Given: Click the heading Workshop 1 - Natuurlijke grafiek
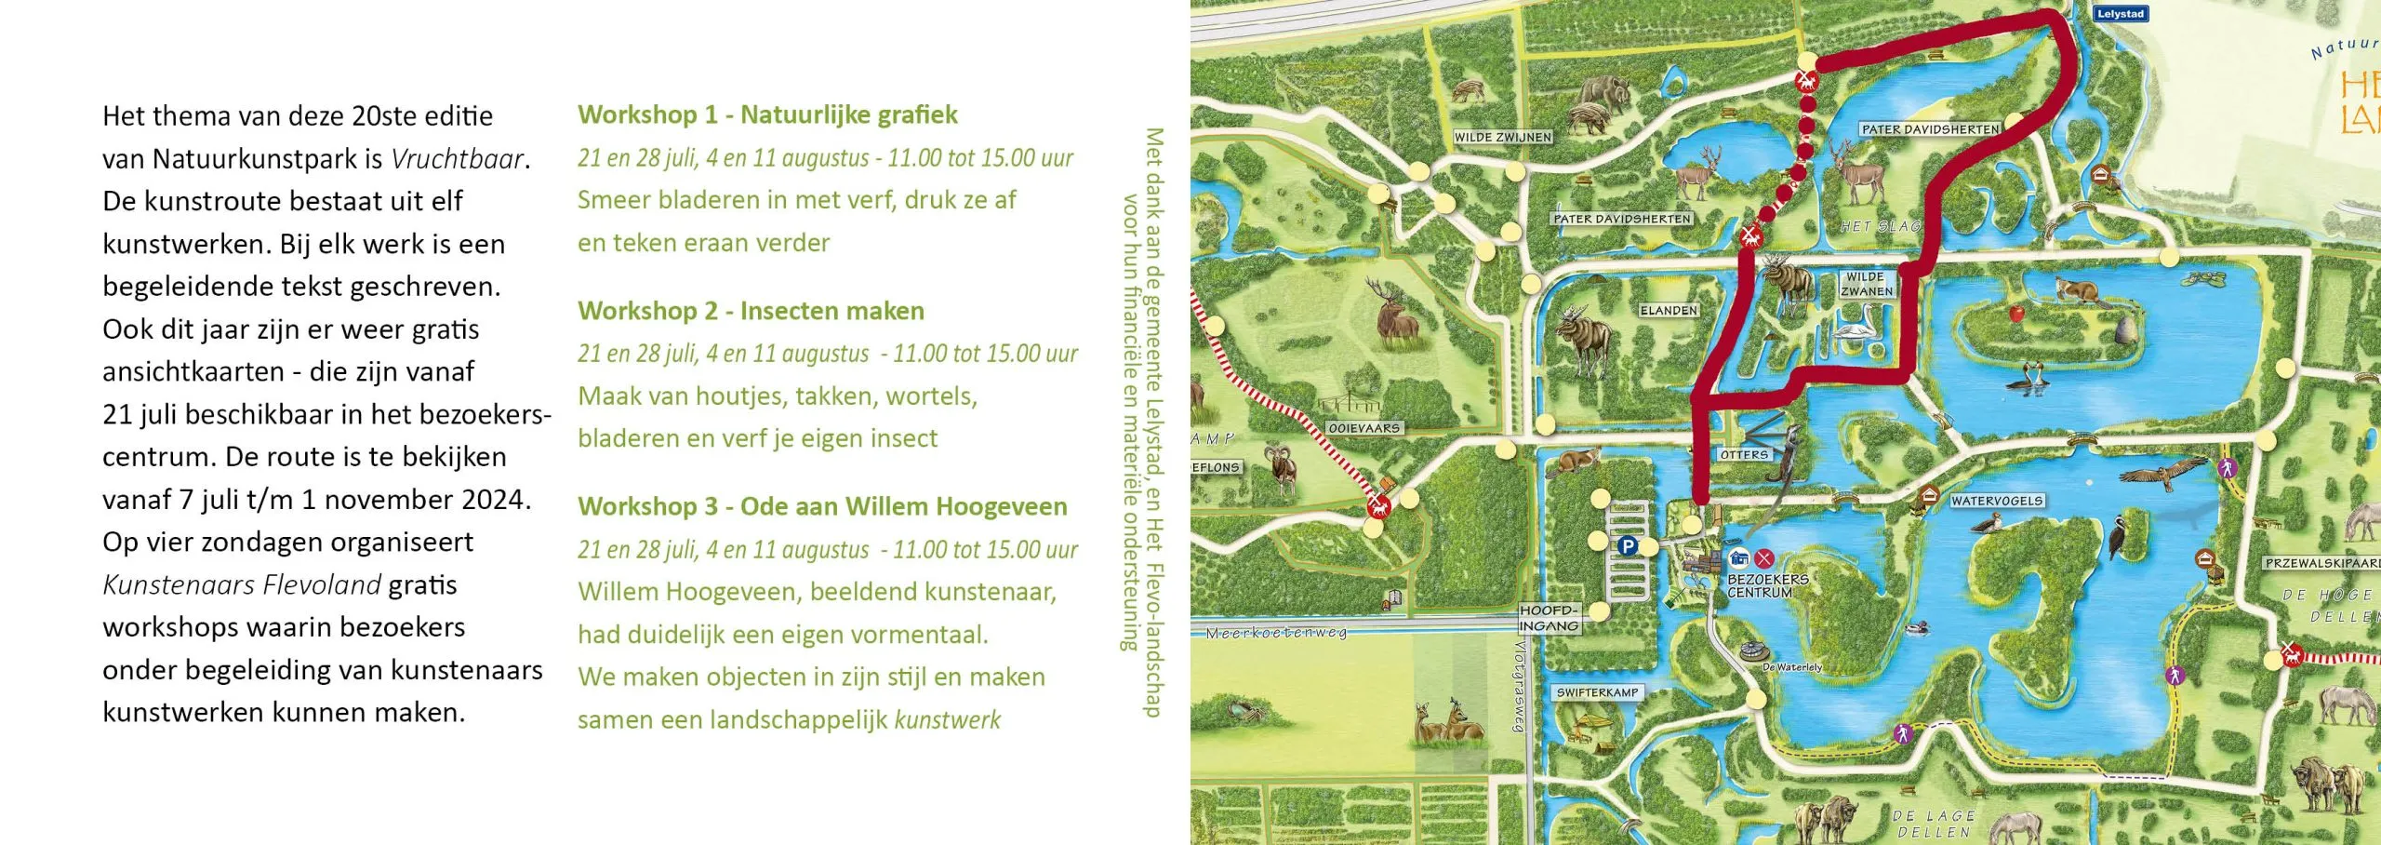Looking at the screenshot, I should [x=767, y=114].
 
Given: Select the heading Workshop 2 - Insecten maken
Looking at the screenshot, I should [x=751, y=311].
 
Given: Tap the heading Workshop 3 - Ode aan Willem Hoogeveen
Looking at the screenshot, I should [x=822, y=506].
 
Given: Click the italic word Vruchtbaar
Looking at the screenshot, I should [x=457, y=159].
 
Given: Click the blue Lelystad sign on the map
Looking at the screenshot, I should [x=2121, y=14].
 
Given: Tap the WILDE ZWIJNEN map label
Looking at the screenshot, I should [x=1503, y=137].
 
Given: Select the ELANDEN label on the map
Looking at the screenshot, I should [x=1669, y=310].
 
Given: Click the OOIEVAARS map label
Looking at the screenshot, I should [x=1364, y=428].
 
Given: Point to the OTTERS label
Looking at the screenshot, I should [x=1743, y=455].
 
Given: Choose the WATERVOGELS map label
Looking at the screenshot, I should [x=1997, y=501].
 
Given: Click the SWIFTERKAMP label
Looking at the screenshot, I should [x=1597, y=692].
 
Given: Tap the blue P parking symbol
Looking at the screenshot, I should [x=1627, y=546].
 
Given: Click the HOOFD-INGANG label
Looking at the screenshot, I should [x=1549, y=618].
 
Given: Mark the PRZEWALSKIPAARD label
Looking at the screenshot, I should [x=2321, y=563].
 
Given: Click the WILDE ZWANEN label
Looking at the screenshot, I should [x=1866, y=284].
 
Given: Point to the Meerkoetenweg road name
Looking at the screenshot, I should [x=1276, y=633].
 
